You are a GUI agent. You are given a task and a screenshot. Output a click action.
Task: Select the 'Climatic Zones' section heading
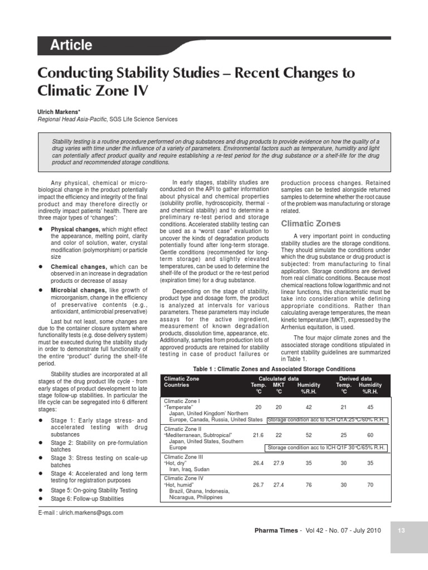tap(310, 224)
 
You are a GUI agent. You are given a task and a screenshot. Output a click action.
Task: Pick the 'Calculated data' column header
tap(274, 379)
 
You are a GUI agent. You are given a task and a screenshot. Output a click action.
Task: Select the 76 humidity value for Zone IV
tap(309, 485)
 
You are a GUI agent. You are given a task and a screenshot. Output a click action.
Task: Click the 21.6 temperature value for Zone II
tap(258, 435)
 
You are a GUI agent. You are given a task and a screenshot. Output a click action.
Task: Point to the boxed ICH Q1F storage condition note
tap(326, 447)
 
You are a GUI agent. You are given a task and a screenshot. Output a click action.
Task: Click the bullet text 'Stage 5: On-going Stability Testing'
tap(94, 490)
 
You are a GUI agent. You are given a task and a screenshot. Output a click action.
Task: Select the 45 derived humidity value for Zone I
tap(371, 407)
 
